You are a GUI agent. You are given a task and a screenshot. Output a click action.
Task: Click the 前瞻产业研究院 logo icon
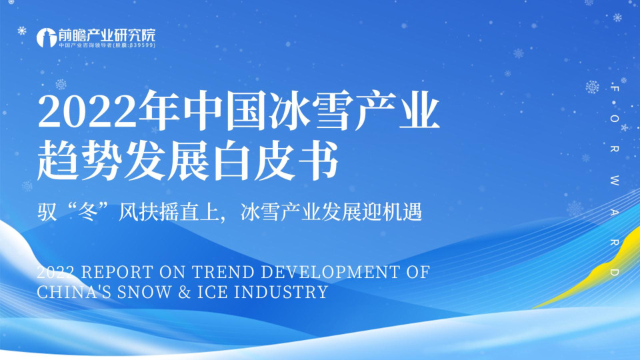tap(46, 37)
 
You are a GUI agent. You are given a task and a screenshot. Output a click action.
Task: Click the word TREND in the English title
tap(215, 272)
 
